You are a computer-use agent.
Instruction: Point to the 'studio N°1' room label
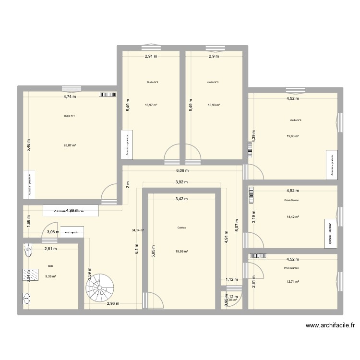(69, 116)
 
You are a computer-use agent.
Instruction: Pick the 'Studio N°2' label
(153, 83)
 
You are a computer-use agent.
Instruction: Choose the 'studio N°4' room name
(296, 120)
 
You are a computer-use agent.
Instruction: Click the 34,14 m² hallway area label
(138, 230)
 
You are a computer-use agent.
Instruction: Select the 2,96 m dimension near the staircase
(113, 303)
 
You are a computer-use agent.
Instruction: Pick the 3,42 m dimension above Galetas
(181, 198)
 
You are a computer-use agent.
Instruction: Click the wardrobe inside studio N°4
(330, 164)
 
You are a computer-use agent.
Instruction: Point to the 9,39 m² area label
(51, 276)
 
